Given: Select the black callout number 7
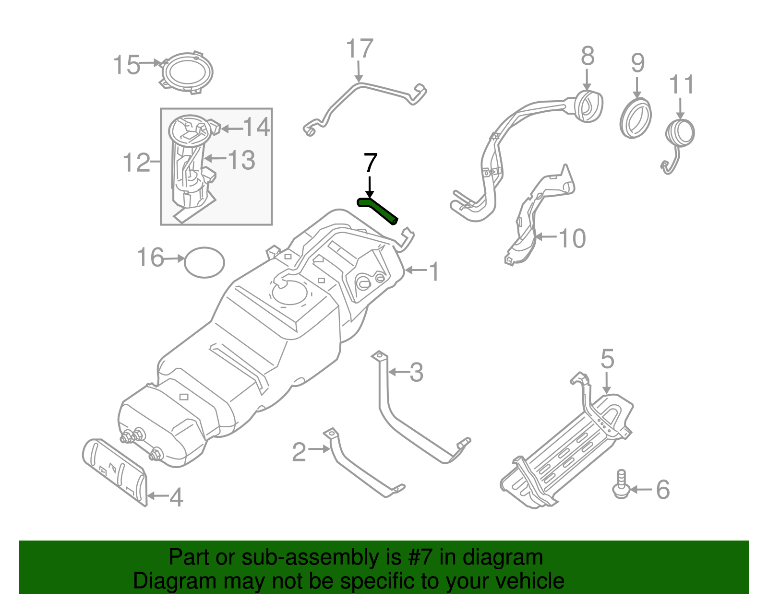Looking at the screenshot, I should coord(371,164).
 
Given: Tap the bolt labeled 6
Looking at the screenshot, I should coord(621,484).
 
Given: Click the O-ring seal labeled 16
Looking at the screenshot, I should coord(204,262).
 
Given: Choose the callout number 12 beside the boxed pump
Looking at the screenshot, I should coord(136,163).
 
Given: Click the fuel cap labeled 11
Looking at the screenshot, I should coord(680,133).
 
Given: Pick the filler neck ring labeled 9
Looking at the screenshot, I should coord(636,118).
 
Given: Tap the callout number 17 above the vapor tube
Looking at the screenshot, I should coord(359,49).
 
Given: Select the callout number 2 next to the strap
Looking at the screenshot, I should coord(299,452).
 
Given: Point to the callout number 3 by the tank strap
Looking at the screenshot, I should coord(416,373).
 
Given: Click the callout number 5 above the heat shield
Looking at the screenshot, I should coord(607,359).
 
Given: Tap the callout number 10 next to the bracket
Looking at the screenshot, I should coord(572,238).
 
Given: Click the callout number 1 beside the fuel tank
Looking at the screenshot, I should coord(433,272).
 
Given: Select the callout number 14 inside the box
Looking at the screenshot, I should coord(256,128).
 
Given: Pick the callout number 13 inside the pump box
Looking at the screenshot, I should coord(241,160).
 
